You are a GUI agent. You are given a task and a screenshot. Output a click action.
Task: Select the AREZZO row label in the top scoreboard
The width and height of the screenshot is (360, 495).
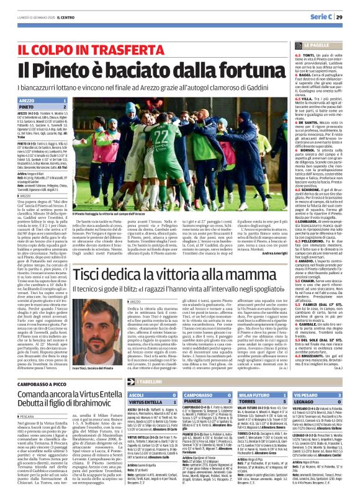(27, 99)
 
